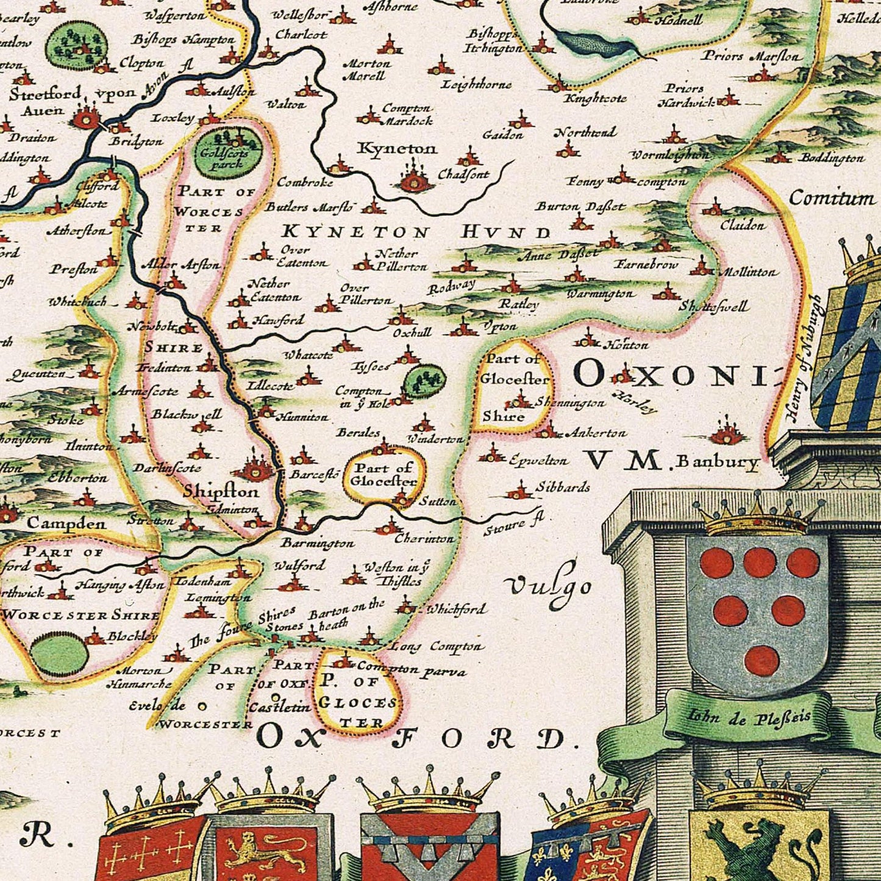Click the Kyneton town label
point(397,148)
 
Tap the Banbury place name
point(717,462)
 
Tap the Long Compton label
point(437,646)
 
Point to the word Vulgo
point(549,587)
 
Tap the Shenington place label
point(570,403)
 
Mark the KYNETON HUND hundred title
point(416,232)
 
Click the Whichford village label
point(456,608)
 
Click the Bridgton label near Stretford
point(137,141)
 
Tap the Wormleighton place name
point(670,155)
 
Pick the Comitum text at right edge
point(832,198)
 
